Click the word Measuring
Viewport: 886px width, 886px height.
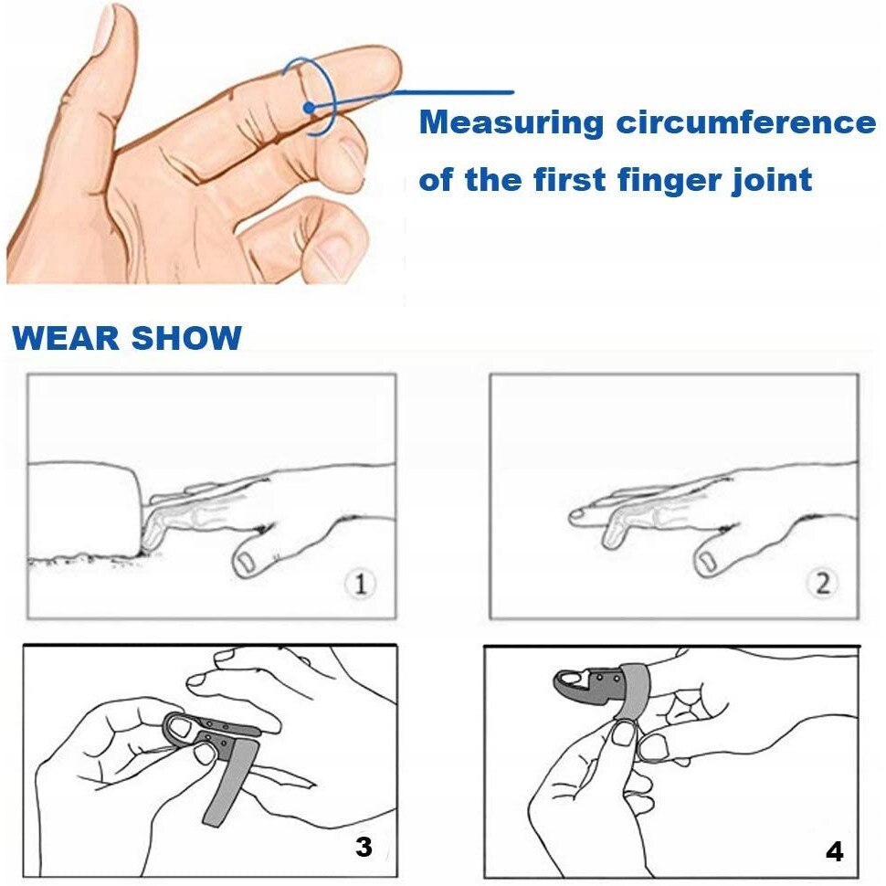512,123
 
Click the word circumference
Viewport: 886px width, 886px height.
746,122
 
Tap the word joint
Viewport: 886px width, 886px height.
773,180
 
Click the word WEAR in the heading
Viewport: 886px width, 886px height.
66,338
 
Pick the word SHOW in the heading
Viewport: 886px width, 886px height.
186,338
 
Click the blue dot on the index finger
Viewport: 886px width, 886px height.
309,108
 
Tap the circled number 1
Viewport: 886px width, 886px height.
361,583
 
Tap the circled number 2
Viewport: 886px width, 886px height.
823,583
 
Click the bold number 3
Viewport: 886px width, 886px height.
364,846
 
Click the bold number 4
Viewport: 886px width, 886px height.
834,851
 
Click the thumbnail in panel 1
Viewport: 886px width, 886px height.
246,563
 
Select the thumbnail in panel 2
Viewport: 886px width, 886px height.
707,561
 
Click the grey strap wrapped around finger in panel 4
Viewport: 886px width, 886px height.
634,691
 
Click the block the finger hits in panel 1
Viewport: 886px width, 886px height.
84,508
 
